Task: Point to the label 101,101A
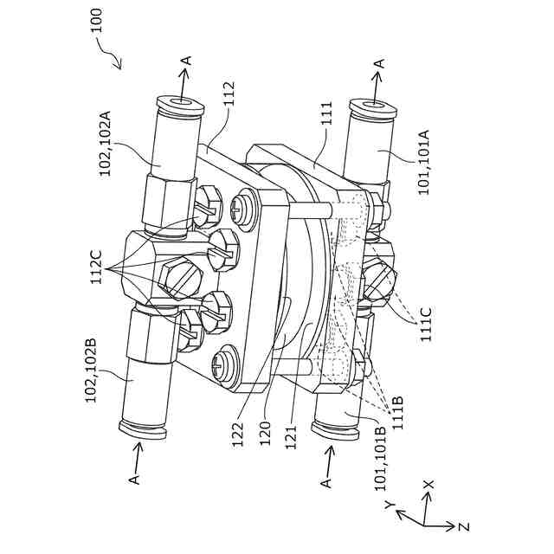pyautogui.click(x=424, y=162)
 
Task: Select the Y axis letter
pyautogui.click(x=391, y=503)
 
